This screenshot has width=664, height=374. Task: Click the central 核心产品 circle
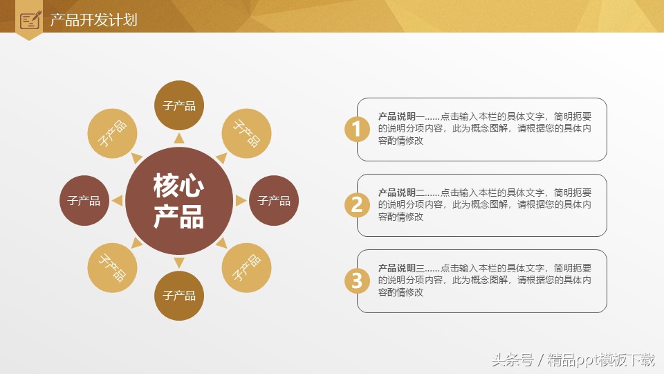coord(178,200)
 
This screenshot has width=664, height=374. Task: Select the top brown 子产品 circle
coord(178,105)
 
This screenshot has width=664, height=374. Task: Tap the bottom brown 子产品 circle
coord(178,296)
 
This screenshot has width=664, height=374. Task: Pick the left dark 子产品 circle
coord(84,201)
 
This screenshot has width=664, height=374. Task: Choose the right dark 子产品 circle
coord(273,201)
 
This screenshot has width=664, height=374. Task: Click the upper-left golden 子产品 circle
coord(112,133)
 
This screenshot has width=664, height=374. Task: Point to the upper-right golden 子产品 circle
coord(246,133)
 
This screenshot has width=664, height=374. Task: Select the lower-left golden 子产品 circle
coord(112,267)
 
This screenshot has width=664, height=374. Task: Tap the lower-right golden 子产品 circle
coord(246,267)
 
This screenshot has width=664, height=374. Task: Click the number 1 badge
coord(357,129)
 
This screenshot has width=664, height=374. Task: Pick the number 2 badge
coord(357,204)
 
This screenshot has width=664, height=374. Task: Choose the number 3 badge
coord(357,280)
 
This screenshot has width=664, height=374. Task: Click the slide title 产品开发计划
coord(93,19)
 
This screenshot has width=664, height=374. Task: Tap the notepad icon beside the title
coord(30,20)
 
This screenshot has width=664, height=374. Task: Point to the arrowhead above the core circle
coord(178,139)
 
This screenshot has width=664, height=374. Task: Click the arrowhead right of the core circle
coord(240,201)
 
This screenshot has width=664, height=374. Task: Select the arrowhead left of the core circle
coord(118,201)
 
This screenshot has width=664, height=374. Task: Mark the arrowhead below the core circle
coord(178,262)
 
